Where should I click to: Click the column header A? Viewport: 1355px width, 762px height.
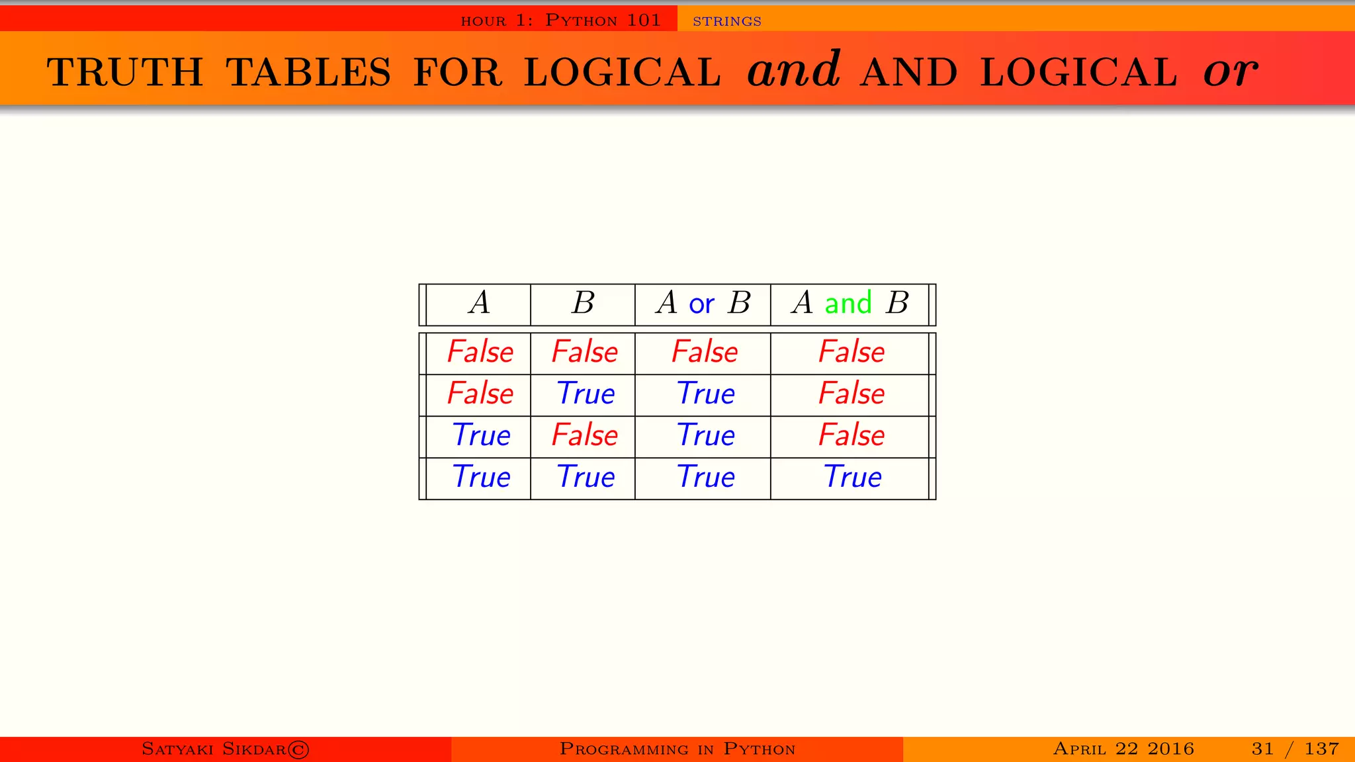(x=480, y=304)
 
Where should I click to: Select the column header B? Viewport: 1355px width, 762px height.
(x=583, y=304)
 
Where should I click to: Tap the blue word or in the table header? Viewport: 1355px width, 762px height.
(x=701, y=304)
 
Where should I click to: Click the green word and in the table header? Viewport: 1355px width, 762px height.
(x=848, y=303)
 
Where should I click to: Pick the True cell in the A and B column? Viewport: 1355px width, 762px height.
(x=852, y=477)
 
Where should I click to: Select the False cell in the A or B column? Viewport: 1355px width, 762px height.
(x=705, y=352)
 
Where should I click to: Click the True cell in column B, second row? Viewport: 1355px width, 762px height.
(x=586, y=394)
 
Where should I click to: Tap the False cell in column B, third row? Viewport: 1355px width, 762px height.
(x=585, y=435)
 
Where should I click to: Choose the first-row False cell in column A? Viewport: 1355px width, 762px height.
(x=480, y=352)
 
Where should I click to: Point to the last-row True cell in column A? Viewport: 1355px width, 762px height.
(x=481, y=477)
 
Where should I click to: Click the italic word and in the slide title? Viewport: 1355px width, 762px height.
(x=794, y=70)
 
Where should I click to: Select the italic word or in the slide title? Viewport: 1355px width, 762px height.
(x=1230, y=71)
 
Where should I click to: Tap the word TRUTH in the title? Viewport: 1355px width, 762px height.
(x=125, y=72)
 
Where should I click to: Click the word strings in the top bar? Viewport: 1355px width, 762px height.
(x=726, y=21)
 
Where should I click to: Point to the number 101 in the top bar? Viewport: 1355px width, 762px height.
(x=644, y=20)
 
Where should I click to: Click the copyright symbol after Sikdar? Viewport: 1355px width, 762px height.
(x=298, y=749)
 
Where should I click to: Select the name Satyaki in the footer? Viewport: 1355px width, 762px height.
(x=177, y=749)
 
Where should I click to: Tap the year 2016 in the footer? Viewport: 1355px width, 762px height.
(x=1170, y=749)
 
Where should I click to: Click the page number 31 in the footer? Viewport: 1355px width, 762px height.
(x=1262, y=749)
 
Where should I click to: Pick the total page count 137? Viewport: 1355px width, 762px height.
(x=1321, y=749)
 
